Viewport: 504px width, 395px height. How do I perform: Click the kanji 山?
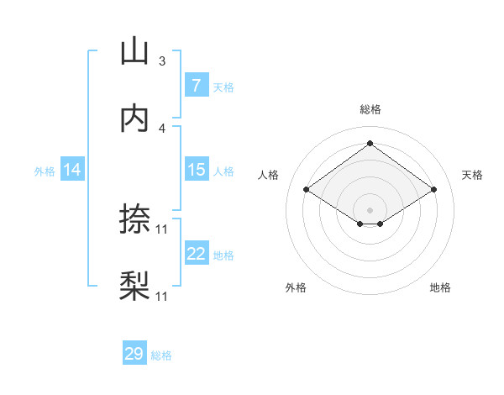click(x=134, y=52)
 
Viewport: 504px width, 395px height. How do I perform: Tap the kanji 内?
click(x=134, y=118)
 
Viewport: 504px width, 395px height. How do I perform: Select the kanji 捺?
click(x=134, y=219)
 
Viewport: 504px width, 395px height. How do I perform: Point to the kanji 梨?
click(x=134, y=286)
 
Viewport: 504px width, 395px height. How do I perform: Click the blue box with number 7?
click(x=196, y=86)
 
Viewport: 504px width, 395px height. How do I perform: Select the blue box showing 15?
click(x=196, y=170)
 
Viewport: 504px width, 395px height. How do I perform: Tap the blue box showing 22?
click(x=196, y=253)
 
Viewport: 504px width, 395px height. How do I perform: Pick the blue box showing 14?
click(x=72, y=170)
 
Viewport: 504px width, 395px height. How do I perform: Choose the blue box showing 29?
click(x=134, y=354)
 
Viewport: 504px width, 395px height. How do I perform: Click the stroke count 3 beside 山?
click(x=162, y=61)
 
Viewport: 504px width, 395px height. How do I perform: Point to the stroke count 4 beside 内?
click(x=162, y=128)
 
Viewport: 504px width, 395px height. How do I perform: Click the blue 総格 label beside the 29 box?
click(x=161, y=355)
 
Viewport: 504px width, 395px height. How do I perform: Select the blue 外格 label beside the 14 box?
click(x=45, y=171)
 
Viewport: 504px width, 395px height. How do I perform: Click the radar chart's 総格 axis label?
click(x=370, y=109)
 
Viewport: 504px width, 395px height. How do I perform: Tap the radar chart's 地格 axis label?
click(x=440, y=288)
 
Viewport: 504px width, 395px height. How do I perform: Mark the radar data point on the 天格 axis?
click(x=433, y=190)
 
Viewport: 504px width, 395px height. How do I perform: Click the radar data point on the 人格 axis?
click(x=307, y=190)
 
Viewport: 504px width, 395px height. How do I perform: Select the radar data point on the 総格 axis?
click(x=370, y=144)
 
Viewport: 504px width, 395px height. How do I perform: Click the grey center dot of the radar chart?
click(x=370, y=208)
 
